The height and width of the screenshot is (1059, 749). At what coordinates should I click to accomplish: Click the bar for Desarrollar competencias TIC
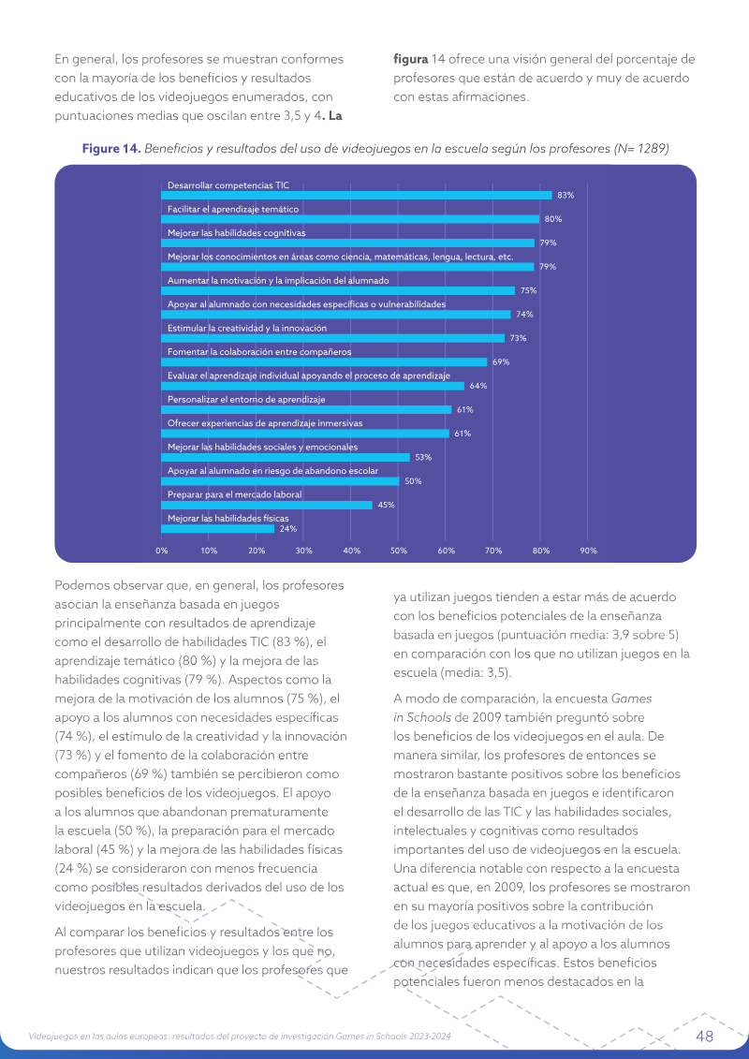point(357,195)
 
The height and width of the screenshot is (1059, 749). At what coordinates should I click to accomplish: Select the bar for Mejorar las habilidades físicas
point(217,529)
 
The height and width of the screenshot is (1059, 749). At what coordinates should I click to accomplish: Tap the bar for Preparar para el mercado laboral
point(267,506)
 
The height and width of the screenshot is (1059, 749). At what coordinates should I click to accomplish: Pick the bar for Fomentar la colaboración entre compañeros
point(324,362)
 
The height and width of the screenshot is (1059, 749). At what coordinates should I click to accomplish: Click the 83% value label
point(565,195)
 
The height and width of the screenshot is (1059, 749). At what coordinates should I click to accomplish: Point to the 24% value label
point(287,529)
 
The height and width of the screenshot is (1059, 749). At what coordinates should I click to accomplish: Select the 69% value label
point(501,362)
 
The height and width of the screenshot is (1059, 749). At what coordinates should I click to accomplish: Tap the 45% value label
point(387,506)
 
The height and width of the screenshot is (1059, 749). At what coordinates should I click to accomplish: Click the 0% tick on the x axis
point(161,551)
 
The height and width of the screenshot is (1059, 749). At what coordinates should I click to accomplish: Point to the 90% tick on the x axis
point(588,551)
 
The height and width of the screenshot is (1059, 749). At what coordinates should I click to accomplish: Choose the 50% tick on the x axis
point(399,551)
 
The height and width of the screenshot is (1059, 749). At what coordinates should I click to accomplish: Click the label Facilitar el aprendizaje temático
point(233,210)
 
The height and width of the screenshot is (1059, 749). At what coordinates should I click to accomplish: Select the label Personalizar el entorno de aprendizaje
point(246,400)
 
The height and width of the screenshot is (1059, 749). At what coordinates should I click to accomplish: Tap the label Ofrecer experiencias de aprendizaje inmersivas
point(265,423)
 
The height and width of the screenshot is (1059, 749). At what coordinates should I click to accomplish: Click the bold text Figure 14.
point(111,149)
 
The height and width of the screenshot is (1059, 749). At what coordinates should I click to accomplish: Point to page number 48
point(704,1037)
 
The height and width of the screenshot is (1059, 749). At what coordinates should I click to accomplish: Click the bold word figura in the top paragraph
point(411,59)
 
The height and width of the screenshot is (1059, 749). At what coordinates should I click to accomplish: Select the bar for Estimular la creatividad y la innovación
point(333,338)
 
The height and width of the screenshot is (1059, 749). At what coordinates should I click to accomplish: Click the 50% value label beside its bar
point(413,481)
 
